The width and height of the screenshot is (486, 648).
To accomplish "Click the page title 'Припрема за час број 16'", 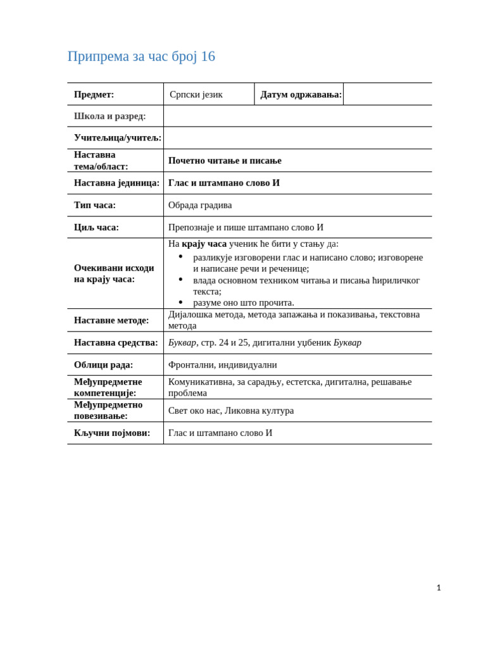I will coord(141,56).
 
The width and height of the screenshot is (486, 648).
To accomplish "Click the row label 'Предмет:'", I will coord(94,94).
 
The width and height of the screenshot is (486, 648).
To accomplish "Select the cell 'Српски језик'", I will coord(196,94).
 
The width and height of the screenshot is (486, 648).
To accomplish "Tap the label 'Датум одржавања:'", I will coord(301,94).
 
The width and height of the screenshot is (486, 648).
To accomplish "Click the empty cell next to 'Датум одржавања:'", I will coord(387,94).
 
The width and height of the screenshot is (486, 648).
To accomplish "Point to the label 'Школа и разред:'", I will coord(109,116).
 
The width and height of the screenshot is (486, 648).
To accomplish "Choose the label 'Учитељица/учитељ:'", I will coord(117,137).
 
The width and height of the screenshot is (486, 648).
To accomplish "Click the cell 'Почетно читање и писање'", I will coord(225,161).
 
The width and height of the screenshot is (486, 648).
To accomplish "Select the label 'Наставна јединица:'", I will coord(116,183).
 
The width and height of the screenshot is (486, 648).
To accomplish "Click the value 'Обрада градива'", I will coord(200,205).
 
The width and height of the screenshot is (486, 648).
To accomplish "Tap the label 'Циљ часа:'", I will coord(96,227).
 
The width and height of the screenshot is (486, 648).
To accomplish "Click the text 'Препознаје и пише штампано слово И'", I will coord(246,227).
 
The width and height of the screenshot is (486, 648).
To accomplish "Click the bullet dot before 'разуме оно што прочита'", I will coord(180,302).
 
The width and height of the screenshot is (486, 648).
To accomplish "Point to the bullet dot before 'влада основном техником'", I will coord(180,280).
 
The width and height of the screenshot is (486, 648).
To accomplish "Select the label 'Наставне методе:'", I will coord(111,320).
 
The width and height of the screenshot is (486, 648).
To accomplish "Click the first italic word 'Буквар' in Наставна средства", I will coord(182,342).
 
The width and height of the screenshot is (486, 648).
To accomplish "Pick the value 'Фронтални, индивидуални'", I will coord(222,364).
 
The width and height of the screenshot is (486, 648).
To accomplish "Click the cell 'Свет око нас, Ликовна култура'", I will coord(231,411).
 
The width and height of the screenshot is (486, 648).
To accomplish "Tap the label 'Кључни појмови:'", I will coord(112,433).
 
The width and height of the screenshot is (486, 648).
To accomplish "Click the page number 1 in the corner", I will coord(439,588).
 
